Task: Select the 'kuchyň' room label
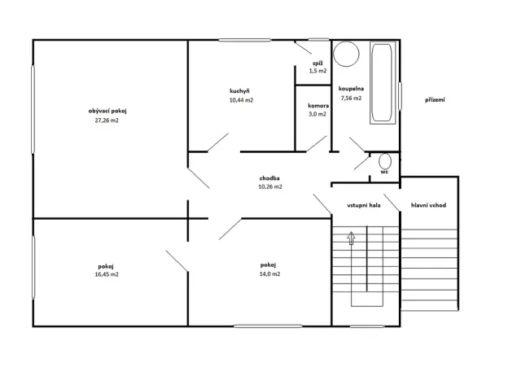click(240, 90)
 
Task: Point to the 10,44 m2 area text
click(241, 100)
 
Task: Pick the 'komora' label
click(317, 105)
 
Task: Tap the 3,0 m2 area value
click(317, 114)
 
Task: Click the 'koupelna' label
click(351, 88)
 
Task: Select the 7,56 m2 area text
click(351, 98)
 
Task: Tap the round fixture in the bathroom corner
click(347, 54)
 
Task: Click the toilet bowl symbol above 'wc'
click(384, 160)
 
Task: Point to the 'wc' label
click(383, 173)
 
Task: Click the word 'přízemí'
click(435, 100)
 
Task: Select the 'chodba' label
click(270, 177)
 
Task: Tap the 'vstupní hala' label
click(363, 206)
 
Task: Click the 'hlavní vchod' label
click(427, 206)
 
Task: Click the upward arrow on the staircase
click(352, 239)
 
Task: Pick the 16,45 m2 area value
click(107, 275)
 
